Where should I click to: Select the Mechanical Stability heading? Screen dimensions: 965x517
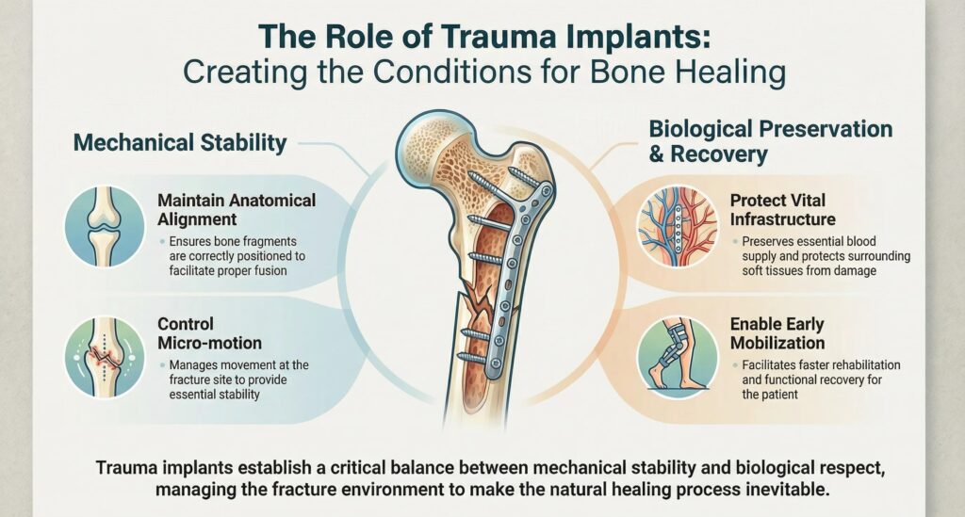click(180, 142)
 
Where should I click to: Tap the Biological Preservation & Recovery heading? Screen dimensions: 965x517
click(771, 141)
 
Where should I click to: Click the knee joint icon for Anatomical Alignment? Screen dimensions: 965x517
click(105, 226)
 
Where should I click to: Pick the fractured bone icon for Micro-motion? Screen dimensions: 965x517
click(105, 357)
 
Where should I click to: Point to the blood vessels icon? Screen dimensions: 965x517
click(678, 226)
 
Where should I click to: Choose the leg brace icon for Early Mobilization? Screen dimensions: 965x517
click(678, 357)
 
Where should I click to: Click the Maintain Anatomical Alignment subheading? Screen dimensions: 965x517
click(237, 210)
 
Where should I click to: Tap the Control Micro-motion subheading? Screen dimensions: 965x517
click(209, 333)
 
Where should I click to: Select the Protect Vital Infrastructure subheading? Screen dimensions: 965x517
click(783, 210)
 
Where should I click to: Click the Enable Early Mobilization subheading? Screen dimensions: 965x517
click(777, 333)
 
